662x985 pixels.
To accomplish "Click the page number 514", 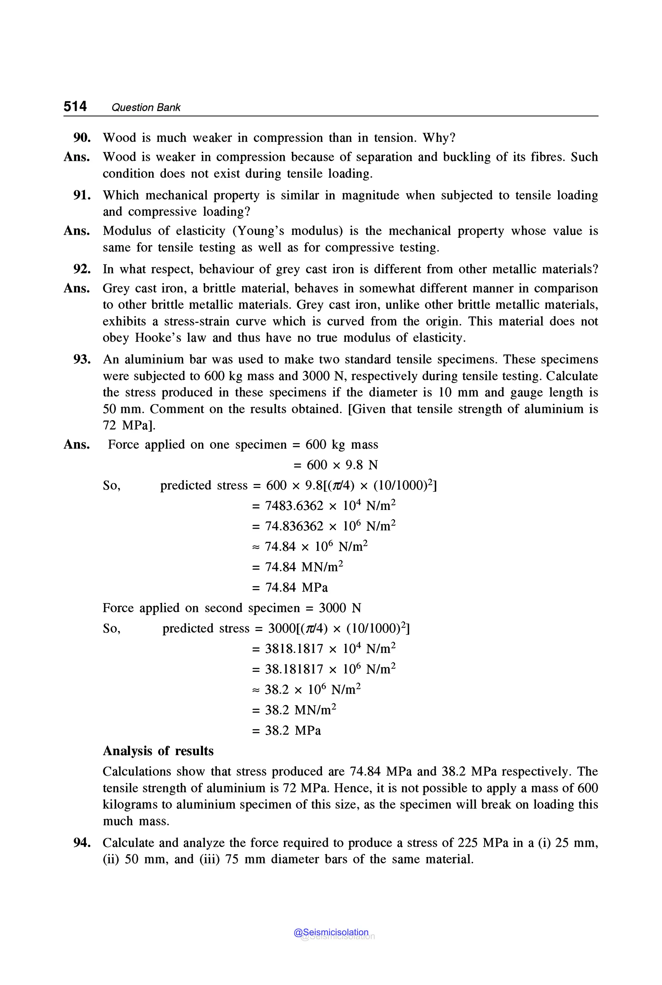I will point(75,106).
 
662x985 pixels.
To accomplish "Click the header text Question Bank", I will point(146,108).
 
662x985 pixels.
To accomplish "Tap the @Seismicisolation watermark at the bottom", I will point(331,933).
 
